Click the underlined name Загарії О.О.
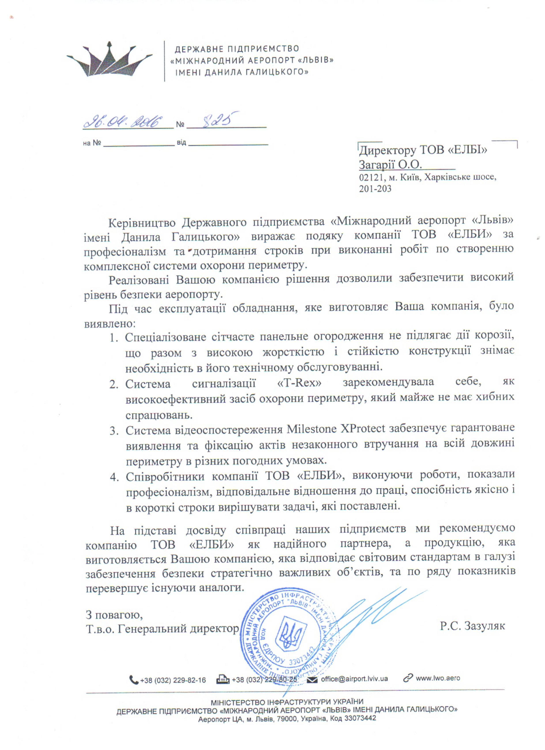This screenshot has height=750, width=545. pyautogui.click(x=390, y=165)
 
